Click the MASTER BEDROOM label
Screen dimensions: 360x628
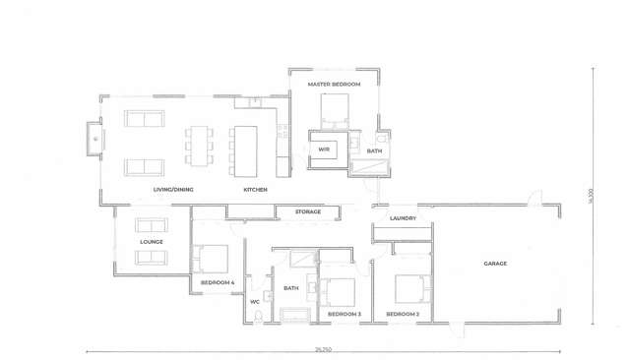[x=334, y=85]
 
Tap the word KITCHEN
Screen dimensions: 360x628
[x=255, y=189]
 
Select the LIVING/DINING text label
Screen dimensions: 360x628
[x=170, y=189]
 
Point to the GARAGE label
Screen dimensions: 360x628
[x=494, y=264]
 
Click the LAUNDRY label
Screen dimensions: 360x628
[x=403, y=218]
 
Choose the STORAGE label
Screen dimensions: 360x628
[x=308, y=211]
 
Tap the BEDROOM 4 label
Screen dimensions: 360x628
[x=218, y=283]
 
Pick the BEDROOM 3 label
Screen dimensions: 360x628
[x=345, y=314]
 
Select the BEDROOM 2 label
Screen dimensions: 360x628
[x=403, y=314]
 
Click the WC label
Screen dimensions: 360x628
[x=254, y=302]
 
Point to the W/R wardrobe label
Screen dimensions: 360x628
[x=323, y=150]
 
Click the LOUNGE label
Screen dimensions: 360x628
[x=151, y=241]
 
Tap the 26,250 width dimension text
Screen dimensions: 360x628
[x=323, y=348]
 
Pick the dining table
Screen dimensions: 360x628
[x=201, y=146]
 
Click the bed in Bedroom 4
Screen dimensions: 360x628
[x=211, y=258]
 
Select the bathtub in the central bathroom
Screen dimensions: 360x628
[x=294, y=315]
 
